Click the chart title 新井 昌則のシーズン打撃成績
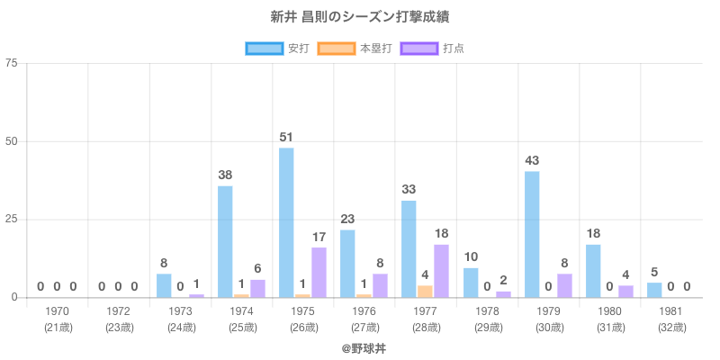click(359, 17)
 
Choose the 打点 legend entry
click(433, 48)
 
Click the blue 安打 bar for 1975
click(286, 222)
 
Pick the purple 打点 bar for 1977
click(441, 270)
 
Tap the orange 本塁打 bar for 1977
click(425, 291)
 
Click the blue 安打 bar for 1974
click(225, 241)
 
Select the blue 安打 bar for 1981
click(654, 290)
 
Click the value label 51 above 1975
click(286, 137)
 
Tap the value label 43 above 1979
click(532, 160)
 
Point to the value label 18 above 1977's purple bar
click(441, 233)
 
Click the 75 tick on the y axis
click(12, 63)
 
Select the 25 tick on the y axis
click(12, 220)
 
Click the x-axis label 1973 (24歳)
click(181, 319)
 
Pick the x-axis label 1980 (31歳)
click(610, 319)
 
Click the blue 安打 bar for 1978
click(471, 283)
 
